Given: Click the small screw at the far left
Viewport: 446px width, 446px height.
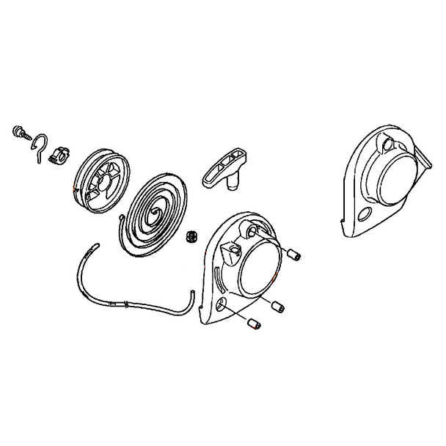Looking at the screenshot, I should [x=21, y=133].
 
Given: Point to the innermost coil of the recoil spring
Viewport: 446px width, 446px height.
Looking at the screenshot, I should [x=155, y=213].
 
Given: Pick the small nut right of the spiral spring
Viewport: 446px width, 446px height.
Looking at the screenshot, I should [x=194, y=236].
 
